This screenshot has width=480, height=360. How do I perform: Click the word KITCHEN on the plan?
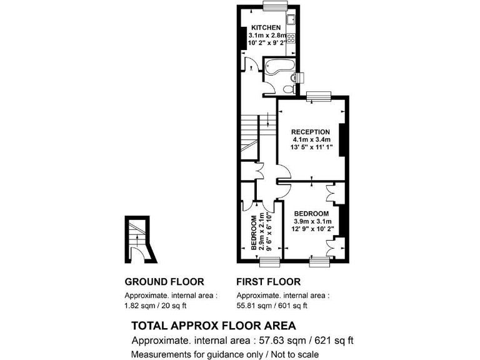266,27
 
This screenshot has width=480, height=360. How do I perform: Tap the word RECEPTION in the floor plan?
311,131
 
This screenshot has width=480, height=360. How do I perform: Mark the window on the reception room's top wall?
319,95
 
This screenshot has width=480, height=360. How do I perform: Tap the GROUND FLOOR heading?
164,282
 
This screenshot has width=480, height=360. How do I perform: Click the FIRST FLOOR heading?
268,282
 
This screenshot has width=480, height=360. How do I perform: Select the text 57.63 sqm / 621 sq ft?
302,341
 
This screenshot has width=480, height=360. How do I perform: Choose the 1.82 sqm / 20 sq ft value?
156,306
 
